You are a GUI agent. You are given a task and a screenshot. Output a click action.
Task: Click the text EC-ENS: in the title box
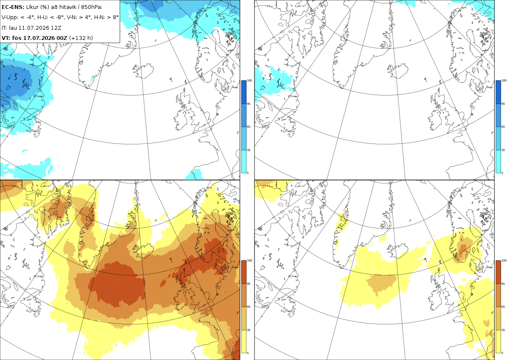(x=13, y=7)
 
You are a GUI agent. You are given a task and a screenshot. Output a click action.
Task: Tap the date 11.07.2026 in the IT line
(x=34, y=28)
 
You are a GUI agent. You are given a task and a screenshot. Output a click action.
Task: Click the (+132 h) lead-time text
(x=81, y=38)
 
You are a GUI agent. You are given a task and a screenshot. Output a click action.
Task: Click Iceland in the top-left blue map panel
(x=143, y=71)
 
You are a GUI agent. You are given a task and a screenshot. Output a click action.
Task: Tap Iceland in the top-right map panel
(x=398, y=71)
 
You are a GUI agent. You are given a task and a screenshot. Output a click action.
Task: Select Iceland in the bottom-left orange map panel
(x=143, y=250)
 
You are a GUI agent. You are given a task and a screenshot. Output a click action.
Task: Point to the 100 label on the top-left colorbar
(x=249, y=81)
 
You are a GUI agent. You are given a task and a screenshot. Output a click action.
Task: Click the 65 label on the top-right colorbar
(x=503, y=127)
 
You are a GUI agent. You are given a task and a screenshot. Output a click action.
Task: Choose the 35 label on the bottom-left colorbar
(x=249, y=330)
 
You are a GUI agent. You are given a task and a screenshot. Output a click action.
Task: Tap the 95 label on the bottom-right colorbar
(x=503, y=284)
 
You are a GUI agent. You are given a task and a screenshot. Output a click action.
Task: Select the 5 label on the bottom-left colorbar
(x=248, y=353)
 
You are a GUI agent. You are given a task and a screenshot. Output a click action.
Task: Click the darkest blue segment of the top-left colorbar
(x=243, y=92)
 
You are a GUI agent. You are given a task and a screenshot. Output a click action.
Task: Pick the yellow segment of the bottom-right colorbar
(x=498, y=341)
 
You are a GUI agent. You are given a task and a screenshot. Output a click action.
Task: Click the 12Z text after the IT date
(x=56, y=28)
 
